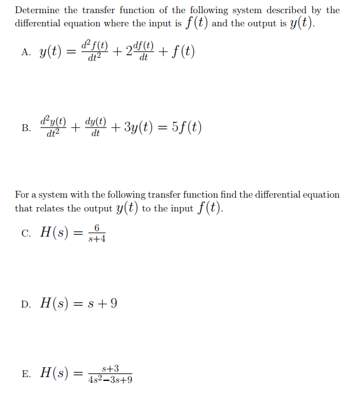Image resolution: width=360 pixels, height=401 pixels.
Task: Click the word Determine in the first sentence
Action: click(37, 10)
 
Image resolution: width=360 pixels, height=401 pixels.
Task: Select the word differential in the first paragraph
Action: click(39, 24)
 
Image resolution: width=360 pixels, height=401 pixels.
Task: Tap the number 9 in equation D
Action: click(113, 304)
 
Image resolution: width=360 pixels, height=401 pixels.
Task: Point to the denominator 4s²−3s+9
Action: click(111, 380)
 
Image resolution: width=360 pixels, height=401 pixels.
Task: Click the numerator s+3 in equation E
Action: click(111, 368)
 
